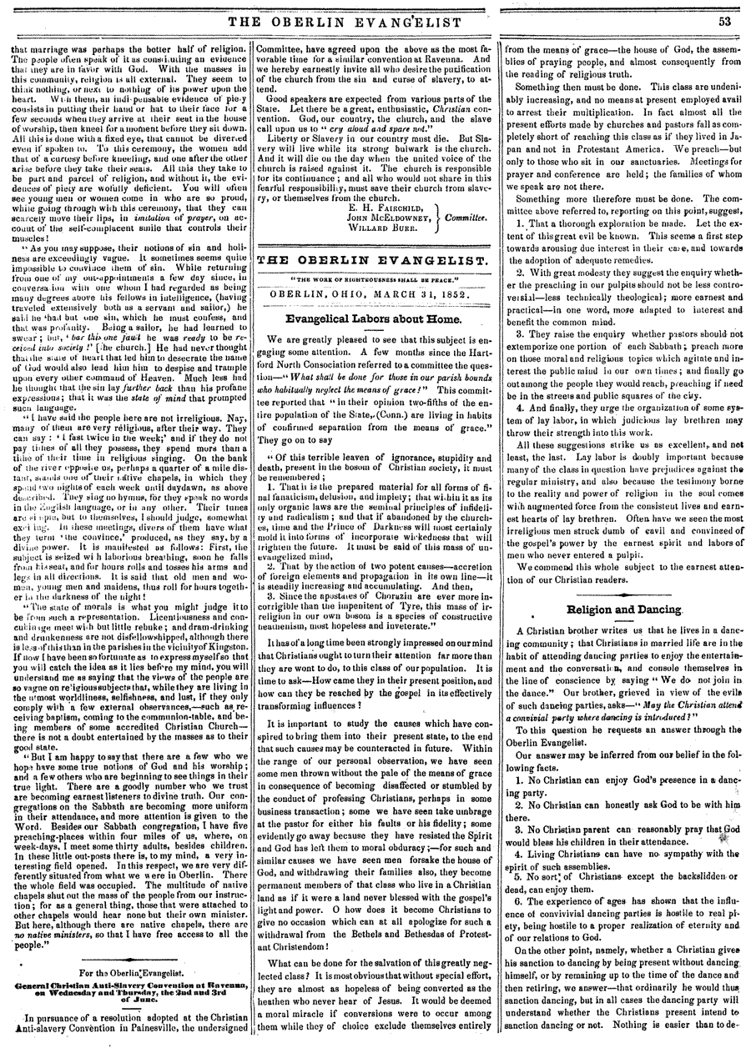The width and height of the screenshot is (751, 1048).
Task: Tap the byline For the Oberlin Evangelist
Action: [127, 971]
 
